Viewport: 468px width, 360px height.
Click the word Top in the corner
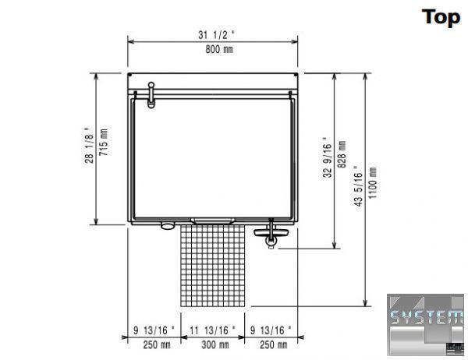(441, 17)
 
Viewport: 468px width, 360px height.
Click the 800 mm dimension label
(219, 50)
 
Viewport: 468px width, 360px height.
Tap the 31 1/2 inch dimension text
(216, 35)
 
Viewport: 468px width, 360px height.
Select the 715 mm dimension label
(104, 142)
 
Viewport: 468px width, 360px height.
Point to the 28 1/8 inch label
(89, 145)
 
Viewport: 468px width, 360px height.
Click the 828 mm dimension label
(342, 154)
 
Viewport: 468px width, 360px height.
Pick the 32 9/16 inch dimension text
(327, 157)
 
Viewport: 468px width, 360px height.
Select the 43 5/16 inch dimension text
(357, 185)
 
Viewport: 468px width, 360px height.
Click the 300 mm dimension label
(215, 345)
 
